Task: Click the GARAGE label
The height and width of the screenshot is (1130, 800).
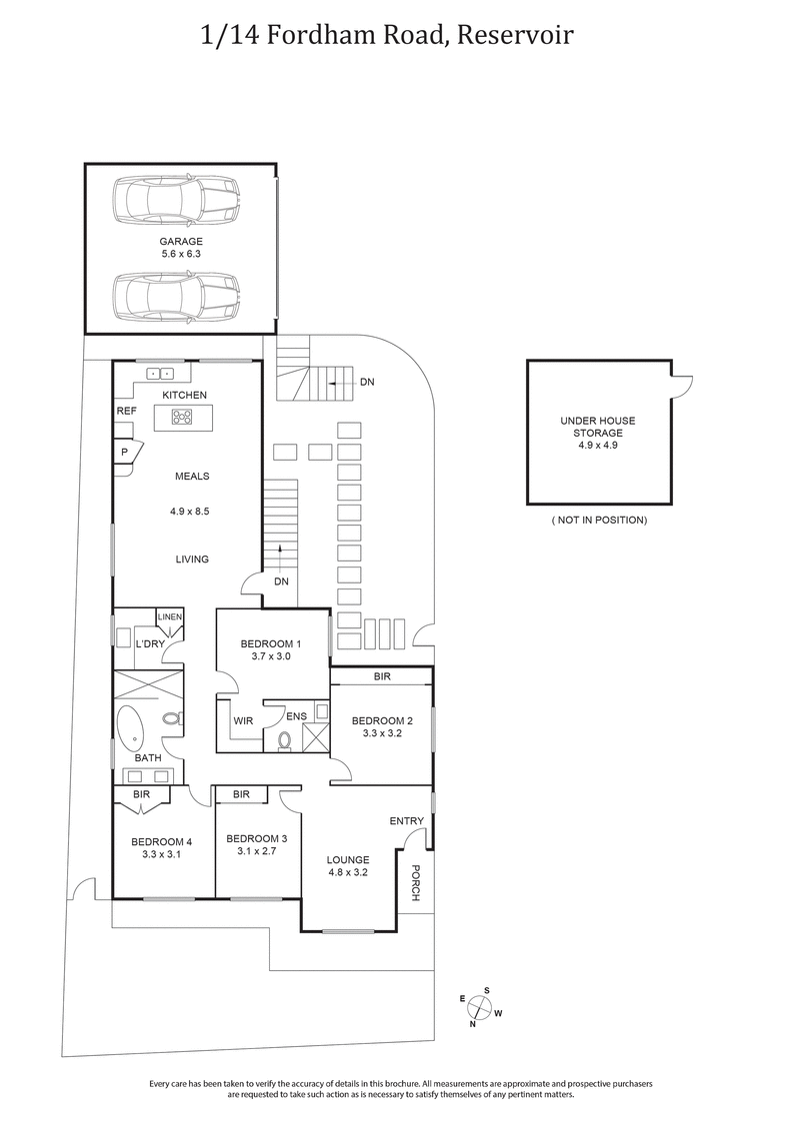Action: (181, 242)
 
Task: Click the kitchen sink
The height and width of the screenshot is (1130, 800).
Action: (161, 374)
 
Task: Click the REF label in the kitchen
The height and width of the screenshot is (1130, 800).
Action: (126, 411)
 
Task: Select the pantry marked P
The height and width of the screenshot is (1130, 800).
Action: (125, 452)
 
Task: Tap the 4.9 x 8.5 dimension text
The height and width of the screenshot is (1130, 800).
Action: (190, 512)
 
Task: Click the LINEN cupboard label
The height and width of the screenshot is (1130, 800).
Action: (169, 617)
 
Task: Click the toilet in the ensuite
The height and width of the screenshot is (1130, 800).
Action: (284, 740)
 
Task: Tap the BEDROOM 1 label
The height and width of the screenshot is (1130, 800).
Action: (270, 643)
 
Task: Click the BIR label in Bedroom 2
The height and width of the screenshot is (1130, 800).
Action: (382, 676)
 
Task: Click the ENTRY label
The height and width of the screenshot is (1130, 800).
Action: (407, 821)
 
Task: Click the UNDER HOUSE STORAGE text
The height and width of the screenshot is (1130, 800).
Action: (598, 427)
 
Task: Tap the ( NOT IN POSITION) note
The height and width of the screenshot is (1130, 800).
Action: (599, 521)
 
